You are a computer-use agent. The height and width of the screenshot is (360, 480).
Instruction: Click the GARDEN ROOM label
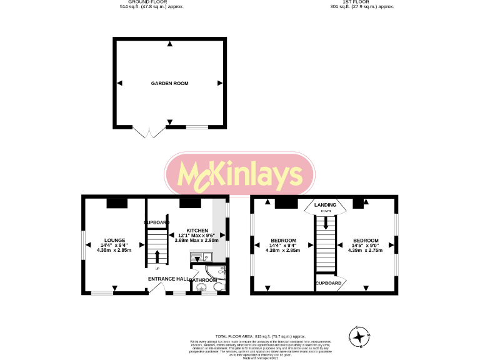[x=169, y=83]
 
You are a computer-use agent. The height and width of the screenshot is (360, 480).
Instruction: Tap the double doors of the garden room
[x=149, y=131]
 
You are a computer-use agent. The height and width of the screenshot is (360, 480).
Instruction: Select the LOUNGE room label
[x=115, y=240]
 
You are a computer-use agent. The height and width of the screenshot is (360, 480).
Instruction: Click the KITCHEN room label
[x=197, y=230]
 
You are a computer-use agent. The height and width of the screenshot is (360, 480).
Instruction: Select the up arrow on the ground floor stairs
[x=157, y=256]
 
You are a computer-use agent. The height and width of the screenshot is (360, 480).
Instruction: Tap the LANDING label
[x=325, y=204]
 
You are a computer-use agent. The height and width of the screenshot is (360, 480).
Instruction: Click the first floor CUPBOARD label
[x=328, y=283]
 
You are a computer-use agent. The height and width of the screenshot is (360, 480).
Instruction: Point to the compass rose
[x=359, y=337]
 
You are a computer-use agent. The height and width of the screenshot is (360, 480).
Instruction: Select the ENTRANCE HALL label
[x=169, y=279]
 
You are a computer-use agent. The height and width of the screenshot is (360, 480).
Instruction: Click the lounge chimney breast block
[x=116, y=202]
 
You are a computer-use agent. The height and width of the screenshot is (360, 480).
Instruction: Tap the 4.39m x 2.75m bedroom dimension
[x=365, y=251]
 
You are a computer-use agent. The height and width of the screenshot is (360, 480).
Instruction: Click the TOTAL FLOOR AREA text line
[x=239, y=336]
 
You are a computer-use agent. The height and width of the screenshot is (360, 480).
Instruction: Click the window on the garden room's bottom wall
[x=196, y=127]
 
